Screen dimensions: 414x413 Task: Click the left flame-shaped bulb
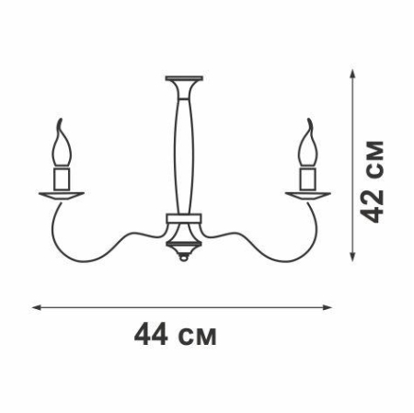coord(63,144)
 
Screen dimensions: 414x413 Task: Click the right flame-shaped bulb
coord(308,144)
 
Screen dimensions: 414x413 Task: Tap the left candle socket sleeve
coord(63,178)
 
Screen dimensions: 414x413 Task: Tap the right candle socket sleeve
coord(308,178)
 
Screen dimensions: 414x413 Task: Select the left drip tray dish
coord(62,196)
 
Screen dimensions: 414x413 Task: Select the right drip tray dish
coord(308,196)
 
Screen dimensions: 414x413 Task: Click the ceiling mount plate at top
coord(184,78)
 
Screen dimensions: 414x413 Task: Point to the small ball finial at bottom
coord(184,258)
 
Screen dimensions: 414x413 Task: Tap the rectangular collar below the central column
coord(184,218)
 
